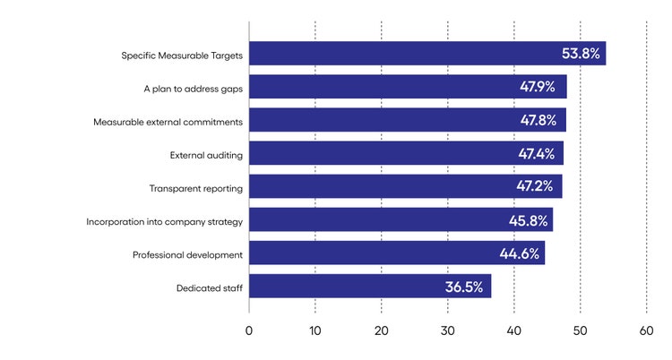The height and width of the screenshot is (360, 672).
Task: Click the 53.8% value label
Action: click(581, 54)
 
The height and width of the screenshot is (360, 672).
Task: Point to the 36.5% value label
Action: click(464, 287)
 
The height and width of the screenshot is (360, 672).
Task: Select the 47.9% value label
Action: click(538, 87)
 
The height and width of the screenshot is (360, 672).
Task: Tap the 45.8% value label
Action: click(527, 220)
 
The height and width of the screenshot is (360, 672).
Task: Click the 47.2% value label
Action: click(537, 187)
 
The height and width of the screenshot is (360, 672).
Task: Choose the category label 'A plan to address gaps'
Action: click(193, 88)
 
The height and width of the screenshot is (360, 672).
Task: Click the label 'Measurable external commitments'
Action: click(168, 121)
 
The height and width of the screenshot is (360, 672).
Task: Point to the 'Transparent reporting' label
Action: click(196, 188)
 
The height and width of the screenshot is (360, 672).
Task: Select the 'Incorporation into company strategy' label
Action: click(164, 221)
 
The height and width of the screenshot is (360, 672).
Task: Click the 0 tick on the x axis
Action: click(249, 330)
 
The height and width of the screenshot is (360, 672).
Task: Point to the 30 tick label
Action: click(448, 330)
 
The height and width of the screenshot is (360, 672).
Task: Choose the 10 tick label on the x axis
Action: click(315, 330)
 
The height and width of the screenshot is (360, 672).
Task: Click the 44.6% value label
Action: click(520, 253)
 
